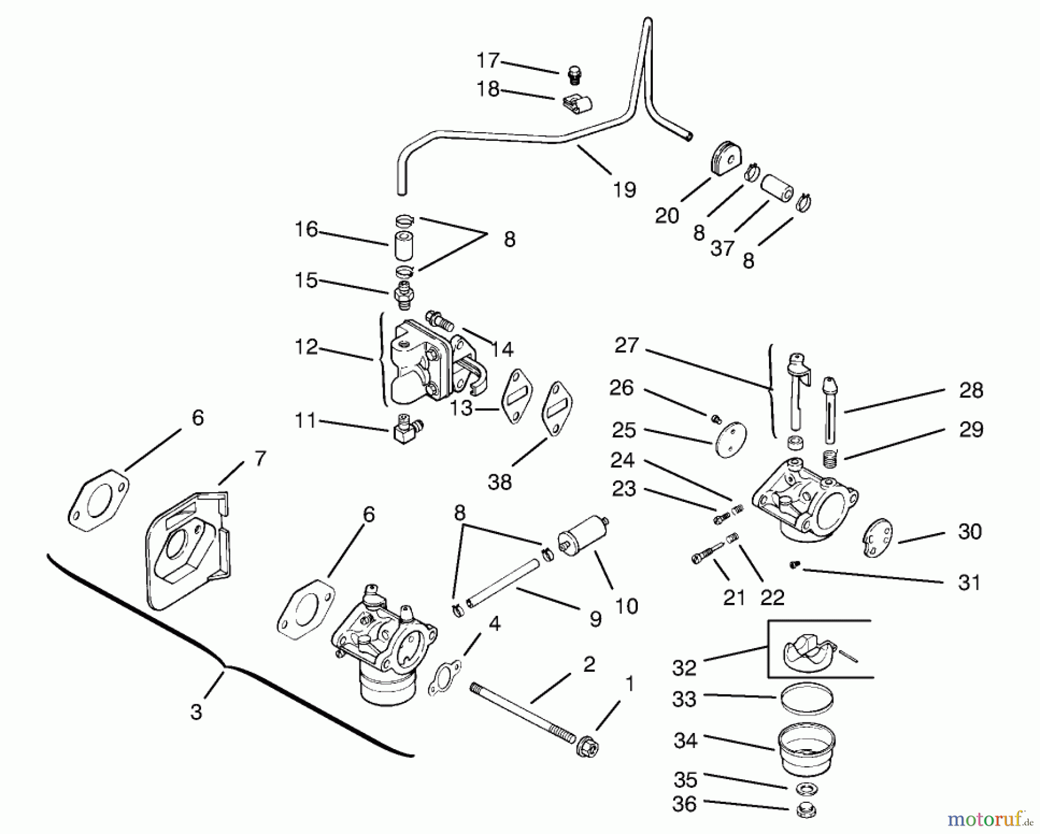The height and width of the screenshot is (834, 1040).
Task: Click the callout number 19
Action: (x=625, y=189)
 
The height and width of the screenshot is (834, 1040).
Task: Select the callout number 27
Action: (x=626, y=345)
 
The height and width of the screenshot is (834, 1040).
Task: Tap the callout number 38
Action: (x=499, y=481)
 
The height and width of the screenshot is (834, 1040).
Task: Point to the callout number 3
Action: (x=196, y=712)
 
